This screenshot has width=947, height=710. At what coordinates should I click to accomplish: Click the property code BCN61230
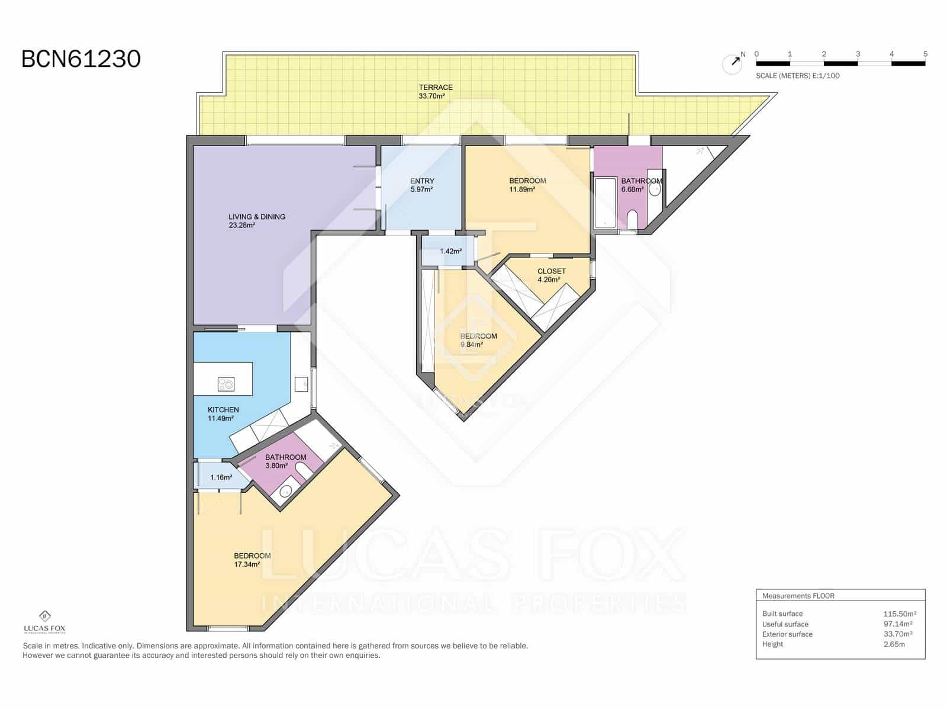pos(81,59)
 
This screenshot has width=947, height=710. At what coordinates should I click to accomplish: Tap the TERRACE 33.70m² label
pos(435,91)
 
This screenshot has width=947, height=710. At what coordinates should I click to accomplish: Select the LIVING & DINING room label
pos(257,221)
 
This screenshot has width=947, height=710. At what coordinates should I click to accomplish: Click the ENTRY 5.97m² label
pos(422,185)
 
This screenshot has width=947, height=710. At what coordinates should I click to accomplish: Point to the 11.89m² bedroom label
pos(527,185)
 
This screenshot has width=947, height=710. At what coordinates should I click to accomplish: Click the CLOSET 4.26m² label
pos(551,275)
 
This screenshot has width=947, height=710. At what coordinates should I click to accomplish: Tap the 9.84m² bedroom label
pos(478,340)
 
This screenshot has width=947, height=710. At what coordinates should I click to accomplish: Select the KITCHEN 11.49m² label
pos(223,414)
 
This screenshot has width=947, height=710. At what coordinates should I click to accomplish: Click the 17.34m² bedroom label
pos(252,560)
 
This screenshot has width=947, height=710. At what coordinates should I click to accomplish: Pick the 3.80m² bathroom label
pos(285,461)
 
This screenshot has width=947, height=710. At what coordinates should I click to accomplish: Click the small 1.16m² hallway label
pos(221,477)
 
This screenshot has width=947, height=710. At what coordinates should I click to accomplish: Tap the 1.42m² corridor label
pos(450,251)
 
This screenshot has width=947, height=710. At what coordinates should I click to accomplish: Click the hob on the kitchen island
pos(226,384)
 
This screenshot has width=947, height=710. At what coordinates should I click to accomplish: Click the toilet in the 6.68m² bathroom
pos(632,219)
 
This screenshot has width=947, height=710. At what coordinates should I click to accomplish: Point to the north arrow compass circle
pos(732,64)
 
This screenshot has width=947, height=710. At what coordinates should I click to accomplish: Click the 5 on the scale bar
pos(925,54)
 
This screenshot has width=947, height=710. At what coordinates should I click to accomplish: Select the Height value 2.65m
pos(894,644)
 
